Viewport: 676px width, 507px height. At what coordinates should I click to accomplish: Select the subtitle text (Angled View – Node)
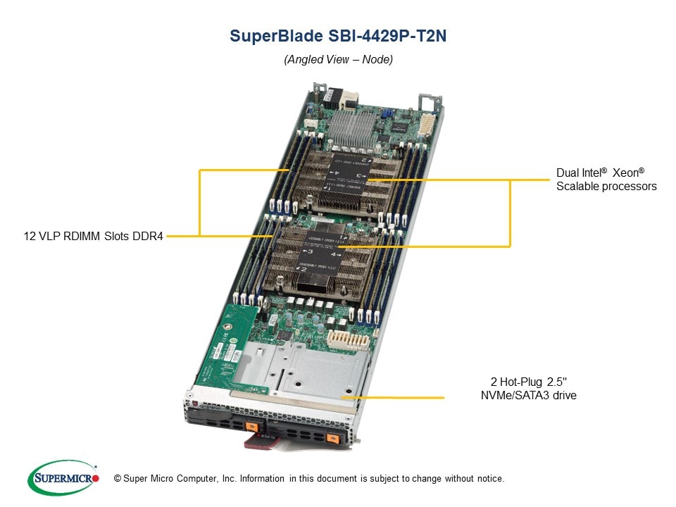pos(338,60)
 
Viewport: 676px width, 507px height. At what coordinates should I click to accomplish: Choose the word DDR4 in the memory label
pos(149,236)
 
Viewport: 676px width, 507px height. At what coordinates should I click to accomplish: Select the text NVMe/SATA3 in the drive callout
pos(510,395)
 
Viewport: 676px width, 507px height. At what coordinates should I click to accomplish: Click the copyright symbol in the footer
pos(118,479)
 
